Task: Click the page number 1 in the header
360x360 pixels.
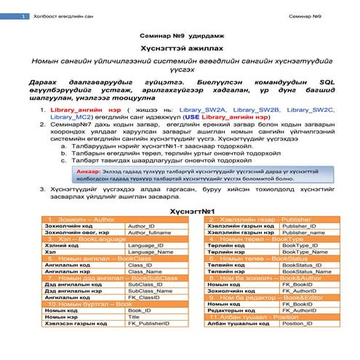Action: pyautogui.click(x=24, y=16)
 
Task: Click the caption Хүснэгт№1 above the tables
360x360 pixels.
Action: pyautogui.click(x=180, y=212)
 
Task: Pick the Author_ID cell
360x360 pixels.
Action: pyautogui.click(x=141, y=227)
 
